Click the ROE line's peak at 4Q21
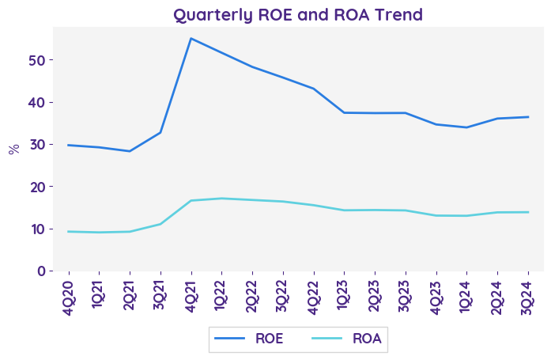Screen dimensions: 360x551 [x=191, y=38]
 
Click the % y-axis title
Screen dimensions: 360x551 [x=13, y=149]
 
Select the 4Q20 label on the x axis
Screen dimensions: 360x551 [x=68, y=292]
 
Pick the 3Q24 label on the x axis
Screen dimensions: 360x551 [x=528, y=292]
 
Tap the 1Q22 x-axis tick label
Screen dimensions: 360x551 [x=221, y=292]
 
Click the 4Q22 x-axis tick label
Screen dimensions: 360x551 [x=314, y=292]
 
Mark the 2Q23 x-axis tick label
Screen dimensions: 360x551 [x=375, y=292]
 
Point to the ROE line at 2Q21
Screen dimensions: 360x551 [x=130, y=151]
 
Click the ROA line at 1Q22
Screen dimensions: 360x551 [x=221, y=199]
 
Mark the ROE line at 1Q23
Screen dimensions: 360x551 [x=344, y=112]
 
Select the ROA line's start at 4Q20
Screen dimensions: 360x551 [x=68, y=232]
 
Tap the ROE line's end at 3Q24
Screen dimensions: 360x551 [x=528, y=117]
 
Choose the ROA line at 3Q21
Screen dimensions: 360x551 [x=160, y=224]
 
